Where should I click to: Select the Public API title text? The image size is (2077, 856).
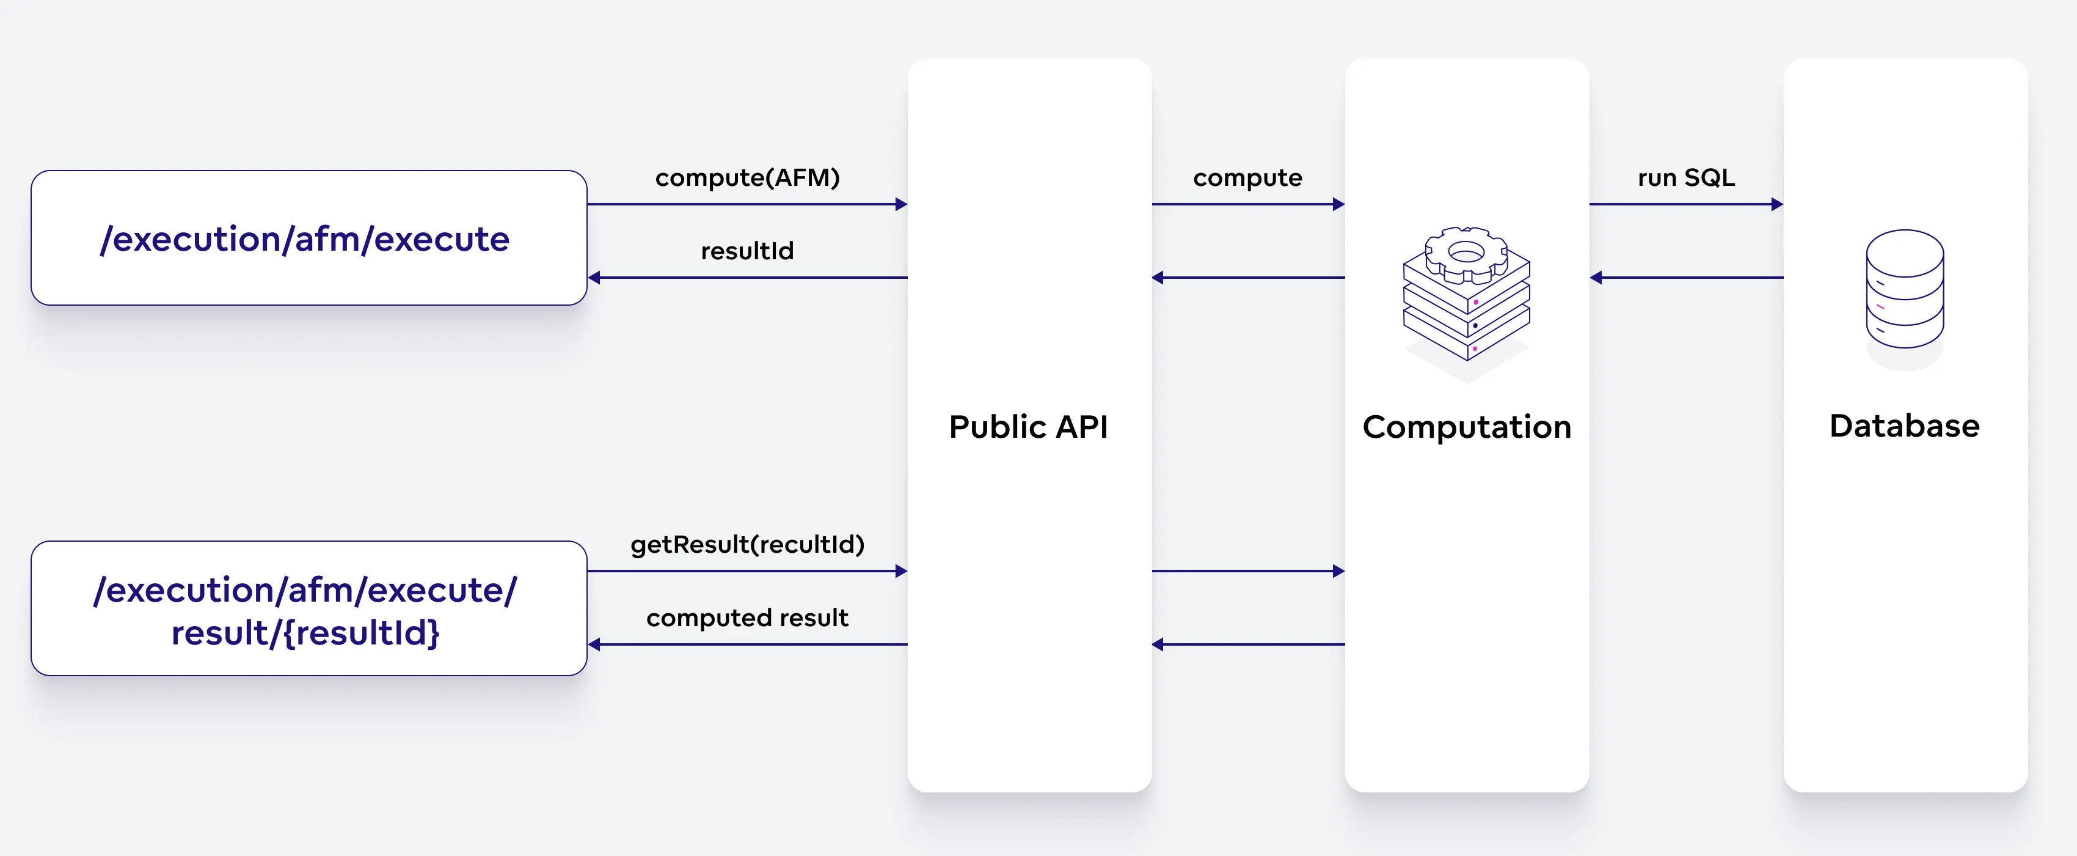tap(1028, 427)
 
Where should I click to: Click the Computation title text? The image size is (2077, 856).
tap(1466, 427)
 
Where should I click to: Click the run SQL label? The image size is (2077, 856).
tap(1685, 177)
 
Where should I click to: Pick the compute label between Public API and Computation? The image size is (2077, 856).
tap(1247, 177)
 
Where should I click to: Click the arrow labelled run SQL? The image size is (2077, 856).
tap(1685, 204)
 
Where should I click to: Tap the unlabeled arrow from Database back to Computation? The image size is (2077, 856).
tap(1685, 278)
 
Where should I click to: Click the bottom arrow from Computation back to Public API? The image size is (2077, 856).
tap(1247, 644)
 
